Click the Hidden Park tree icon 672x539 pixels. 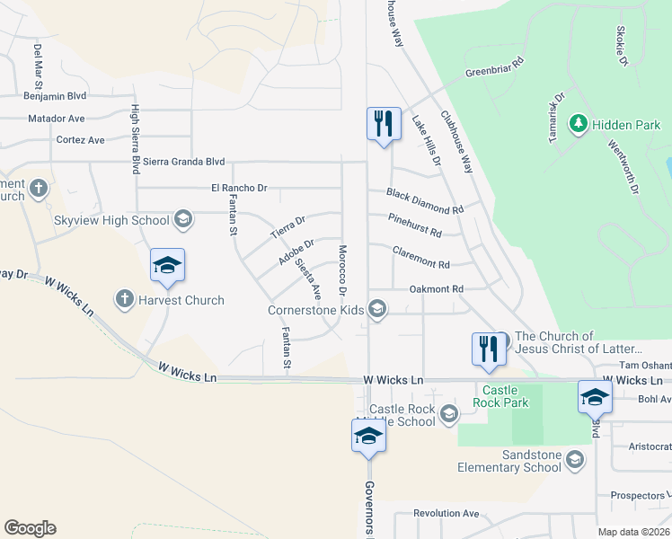[579, 123]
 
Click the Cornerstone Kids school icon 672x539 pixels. [378, 310]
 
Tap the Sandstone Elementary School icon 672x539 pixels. [575, 460]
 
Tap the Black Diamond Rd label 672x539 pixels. [425, 200]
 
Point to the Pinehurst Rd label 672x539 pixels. [414, 225]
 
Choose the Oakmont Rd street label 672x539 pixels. [436, 288]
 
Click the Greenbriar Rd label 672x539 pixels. [493, 68]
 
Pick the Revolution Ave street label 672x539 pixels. [446, 513]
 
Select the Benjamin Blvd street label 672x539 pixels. [55, 94]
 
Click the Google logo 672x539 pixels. [30, 528]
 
